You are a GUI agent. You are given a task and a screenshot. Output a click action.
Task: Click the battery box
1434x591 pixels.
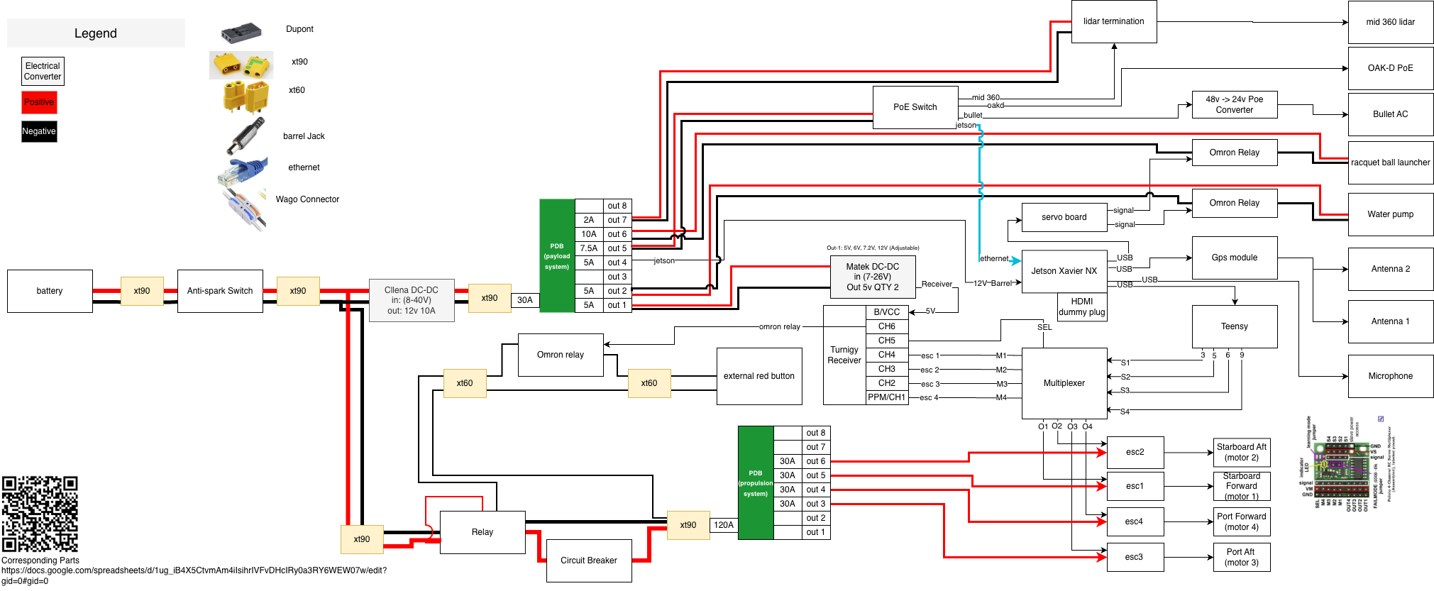(50, 291)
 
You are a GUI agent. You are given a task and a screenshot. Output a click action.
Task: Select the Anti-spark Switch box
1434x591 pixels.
(220, 291)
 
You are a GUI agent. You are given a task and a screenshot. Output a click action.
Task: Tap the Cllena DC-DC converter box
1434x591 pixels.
(412, 300)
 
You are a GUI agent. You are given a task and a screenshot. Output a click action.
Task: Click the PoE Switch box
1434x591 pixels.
(915, 107)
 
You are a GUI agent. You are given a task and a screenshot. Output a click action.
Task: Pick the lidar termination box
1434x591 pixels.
(1113, 21)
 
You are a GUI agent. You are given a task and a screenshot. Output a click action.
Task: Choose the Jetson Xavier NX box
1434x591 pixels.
(1064, 271)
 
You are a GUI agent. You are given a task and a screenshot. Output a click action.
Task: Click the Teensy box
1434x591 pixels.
(1235, 326)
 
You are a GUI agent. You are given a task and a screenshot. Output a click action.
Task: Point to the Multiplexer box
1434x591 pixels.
(1064, 383)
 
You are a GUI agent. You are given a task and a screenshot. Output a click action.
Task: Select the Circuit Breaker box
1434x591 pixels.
(589, 560)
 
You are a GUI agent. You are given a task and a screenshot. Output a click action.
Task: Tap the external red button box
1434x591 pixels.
(759, 376)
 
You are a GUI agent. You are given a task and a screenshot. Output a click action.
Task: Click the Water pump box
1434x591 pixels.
(1390, 214)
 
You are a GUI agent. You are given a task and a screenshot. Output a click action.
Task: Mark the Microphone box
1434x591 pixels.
(1390, 376)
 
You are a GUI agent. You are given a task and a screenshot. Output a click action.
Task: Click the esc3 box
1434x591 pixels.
(1134, 557)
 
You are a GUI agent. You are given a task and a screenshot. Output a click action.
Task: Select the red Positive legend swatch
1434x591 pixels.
(39, 102)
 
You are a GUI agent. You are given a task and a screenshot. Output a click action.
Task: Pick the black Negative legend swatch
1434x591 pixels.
(39, 131)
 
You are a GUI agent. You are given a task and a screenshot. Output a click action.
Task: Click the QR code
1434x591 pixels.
(40, 514)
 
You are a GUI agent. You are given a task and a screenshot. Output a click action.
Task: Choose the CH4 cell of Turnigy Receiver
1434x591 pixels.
(887, 355)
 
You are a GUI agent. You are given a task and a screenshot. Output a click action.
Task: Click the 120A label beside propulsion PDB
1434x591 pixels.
(724, 525)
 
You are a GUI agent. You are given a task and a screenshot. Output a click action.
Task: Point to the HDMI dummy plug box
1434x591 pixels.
(1081, 306)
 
